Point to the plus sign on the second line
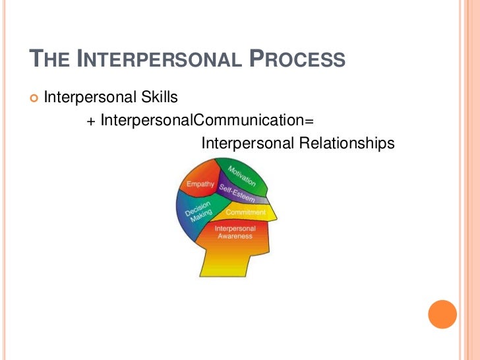(x=91, y=121)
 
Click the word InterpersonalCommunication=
(x=204, y=121)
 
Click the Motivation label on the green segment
(x=242, y=175)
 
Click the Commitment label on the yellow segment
(x=245, y=212)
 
